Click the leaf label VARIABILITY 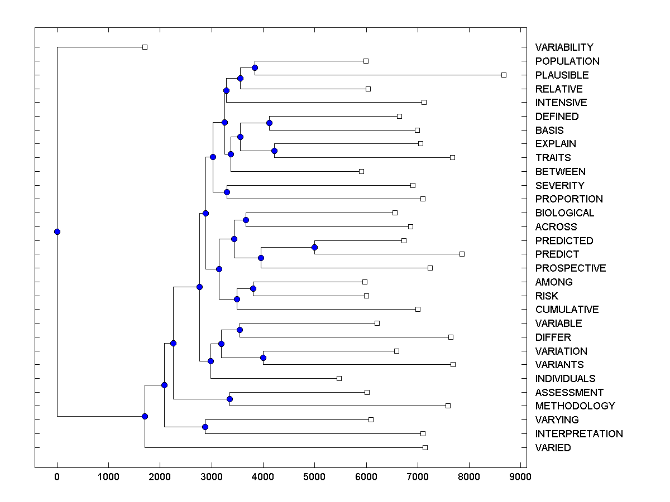[564, 47]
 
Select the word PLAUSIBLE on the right [562, 75]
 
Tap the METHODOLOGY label [575, 406]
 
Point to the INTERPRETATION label [579, 434]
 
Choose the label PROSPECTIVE [570, 268]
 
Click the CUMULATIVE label [567, 310]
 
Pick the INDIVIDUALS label [565, 379]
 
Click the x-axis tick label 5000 [314, 476]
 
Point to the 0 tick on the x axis [57, 476]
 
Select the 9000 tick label [520, 476]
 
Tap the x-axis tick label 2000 [160, 476]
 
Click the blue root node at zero [57, 232]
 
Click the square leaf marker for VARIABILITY [145, 47]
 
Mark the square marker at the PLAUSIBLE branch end [504, 75]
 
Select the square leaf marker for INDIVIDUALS [339, 378]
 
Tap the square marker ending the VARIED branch [425, 447]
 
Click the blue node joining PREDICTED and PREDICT [314, 247]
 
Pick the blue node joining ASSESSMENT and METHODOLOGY [229, 399]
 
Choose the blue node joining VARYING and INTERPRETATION [205, 427]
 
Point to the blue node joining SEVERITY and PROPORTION [227, 192]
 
